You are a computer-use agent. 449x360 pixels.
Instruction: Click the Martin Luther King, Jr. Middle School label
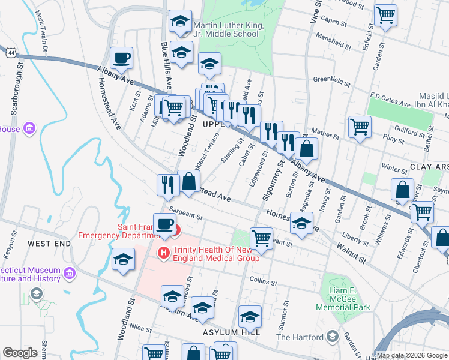[226, 29]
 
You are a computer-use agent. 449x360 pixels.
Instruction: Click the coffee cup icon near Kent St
[121, 59]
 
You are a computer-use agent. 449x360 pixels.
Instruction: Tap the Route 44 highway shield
[12, 53]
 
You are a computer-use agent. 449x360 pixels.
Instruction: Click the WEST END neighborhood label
[49, 244]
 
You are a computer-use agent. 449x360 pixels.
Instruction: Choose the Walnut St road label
[351, 253]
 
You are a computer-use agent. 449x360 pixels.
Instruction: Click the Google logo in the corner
[20, 353]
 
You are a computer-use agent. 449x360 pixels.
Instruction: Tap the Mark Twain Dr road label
[40, 27]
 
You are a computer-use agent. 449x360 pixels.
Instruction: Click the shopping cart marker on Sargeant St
[261, 238]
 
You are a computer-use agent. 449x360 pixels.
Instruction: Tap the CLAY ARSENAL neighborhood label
[429, 166]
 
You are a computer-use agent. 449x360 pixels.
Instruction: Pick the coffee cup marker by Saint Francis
[164, 224]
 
